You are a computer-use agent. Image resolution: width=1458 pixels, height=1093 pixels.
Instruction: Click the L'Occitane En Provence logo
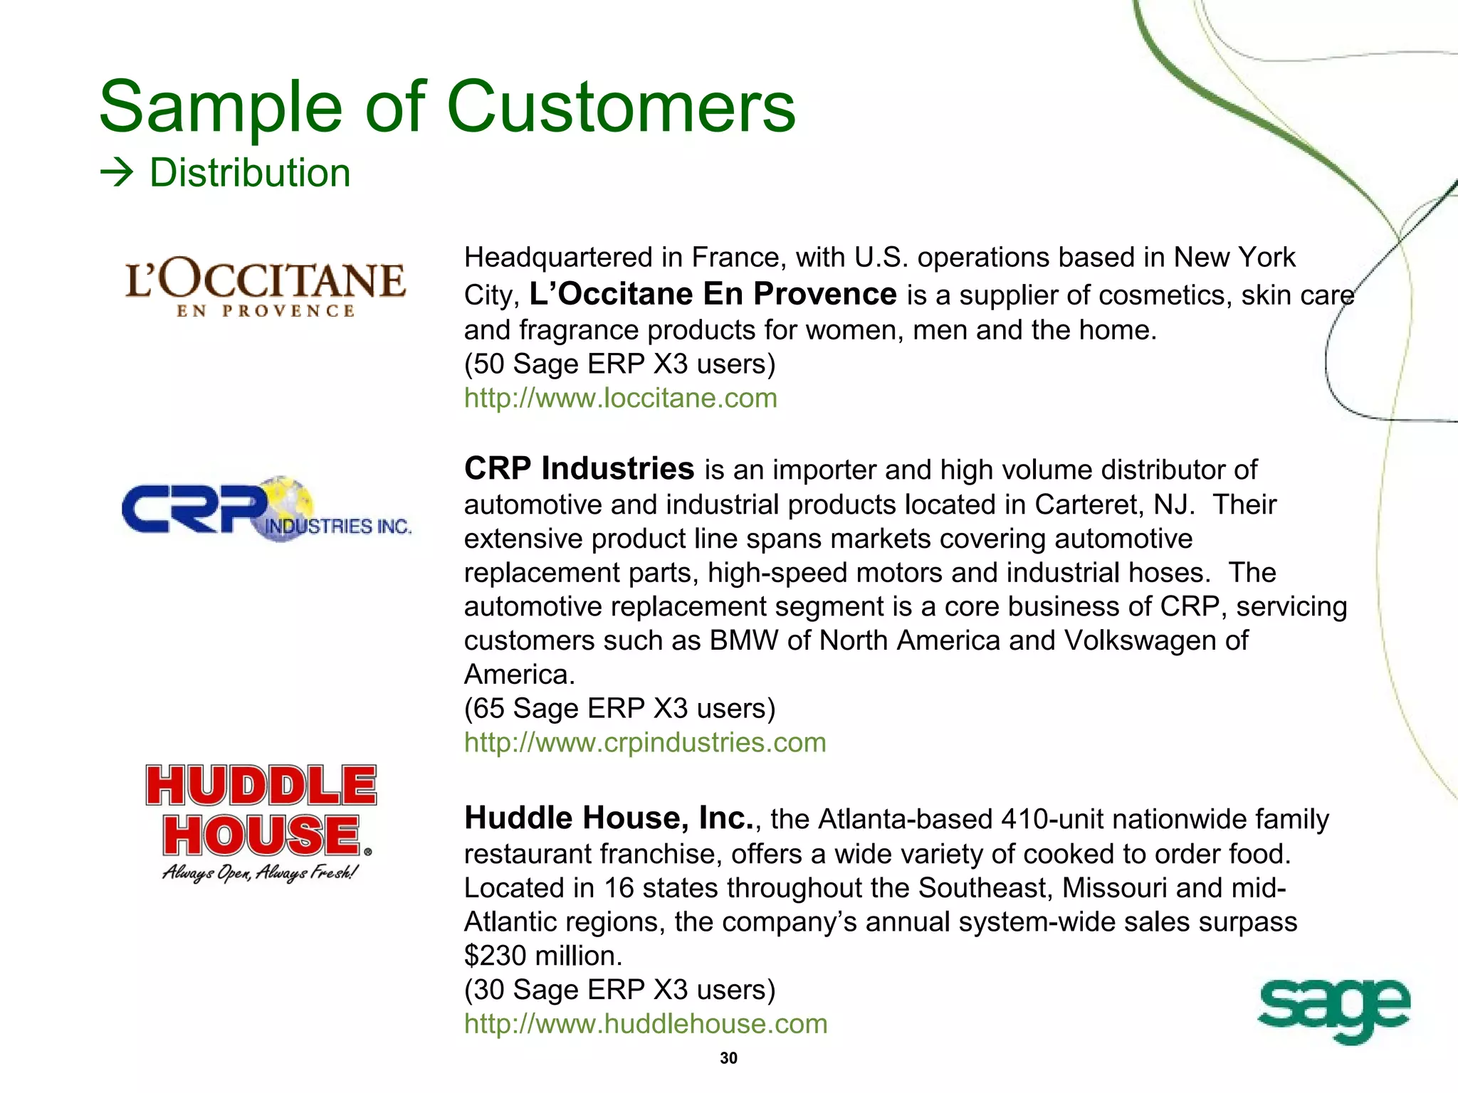265,287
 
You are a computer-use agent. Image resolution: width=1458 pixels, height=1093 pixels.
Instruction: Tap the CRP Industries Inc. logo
266,508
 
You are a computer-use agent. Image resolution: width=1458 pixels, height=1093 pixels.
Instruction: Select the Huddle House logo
261,822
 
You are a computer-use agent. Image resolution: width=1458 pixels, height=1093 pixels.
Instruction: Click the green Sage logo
1333,1008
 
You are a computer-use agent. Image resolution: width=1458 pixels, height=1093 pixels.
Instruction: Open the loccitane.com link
620,398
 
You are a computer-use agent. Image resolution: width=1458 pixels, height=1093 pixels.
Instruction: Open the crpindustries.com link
645,742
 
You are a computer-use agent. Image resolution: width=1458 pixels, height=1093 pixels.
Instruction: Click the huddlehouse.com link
646,1023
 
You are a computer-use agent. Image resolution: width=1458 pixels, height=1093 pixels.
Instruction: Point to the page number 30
728,1058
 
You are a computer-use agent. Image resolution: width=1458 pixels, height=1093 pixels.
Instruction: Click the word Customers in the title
621,107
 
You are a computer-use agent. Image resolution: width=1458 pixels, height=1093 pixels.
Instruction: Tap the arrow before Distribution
117,173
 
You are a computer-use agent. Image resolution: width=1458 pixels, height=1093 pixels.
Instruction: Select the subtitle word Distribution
250,173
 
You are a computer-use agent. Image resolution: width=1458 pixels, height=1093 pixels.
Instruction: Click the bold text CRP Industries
579,469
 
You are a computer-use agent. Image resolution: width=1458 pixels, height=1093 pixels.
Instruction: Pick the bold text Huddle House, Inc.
609,818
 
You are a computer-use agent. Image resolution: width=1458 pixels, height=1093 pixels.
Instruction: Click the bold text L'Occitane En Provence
713,294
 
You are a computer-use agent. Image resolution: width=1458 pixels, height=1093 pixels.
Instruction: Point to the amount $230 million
542,956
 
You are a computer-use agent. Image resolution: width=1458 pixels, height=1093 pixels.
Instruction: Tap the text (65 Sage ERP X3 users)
619,708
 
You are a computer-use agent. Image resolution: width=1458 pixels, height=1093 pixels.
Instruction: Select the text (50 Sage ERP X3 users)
619,364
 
